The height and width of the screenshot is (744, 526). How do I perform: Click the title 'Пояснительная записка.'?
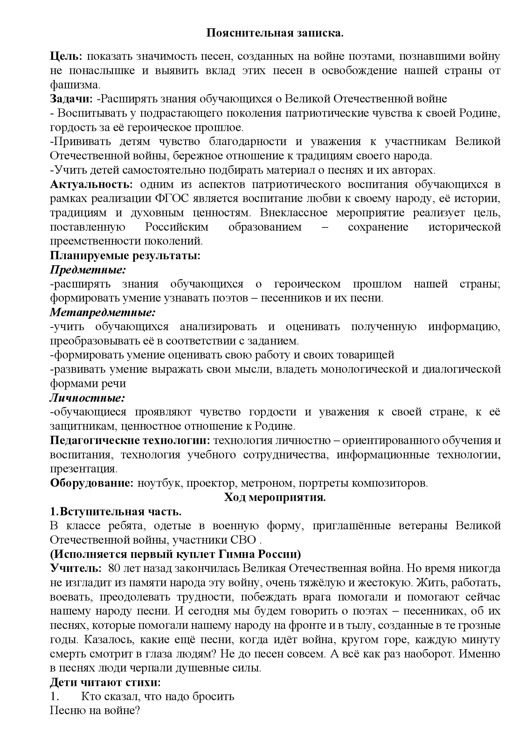275,33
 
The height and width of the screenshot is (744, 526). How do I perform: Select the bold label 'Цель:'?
66,56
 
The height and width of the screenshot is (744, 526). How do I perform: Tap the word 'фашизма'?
74,85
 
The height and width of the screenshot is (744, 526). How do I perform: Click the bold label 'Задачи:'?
71,99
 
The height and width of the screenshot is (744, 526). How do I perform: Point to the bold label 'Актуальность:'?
91,184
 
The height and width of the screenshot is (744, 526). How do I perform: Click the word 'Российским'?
176,227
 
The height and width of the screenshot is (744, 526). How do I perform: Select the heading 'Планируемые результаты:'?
125,255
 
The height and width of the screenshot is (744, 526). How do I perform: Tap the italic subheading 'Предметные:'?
88,270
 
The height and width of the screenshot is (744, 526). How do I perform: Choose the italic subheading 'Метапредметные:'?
103,312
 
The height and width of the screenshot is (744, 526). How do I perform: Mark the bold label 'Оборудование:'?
92,483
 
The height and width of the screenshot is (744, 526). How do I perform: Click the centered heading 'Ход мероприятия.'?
275,497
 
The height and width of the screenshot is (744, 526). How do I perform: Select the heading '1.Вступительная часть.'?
116,512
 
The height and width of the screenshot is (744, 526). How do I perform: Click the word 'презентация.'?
84,469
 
